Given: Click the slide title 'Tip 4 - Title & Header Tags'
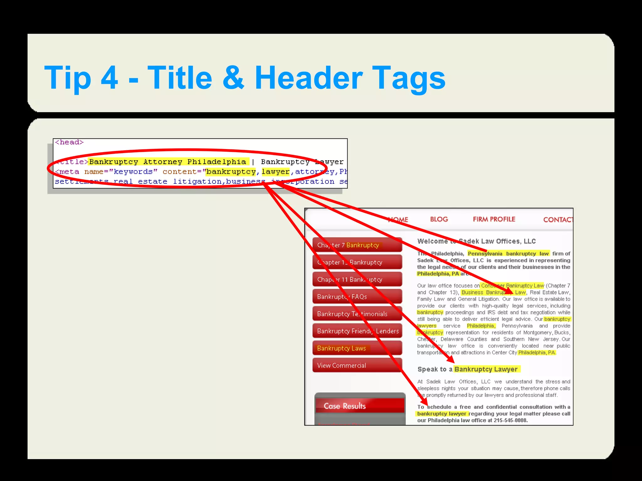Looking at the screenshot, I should coord(245,78).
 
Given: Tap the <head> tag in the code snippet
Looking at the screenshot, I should coord(69,142).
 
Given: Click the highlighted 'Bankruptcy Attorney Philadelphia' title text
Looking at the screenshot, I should coord(168,162).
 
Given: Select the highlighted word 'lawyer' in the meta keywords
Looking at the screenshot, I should coord(276,172).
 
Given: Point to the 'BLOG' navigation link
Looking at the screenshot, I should coord(439,219).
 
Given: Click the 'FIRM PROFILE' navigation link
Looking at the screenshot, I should coord(494,219).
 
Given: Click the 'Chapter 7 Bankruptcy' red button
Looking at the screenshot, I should coord(357,245).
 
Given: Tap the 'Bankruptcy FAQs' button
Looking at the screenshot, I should coord(357,297).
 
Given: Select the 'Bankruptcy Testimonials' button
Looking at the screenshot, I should coord(357,314).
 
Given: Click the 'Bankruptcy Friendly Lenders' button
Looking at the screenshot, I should coord(357,331).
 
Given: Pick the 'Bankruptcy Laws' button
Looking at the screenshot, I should coord(357,348).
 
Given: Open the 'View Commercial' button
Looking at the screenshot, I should coord(357,365).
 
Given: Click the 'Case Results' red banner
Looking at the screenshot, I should coord(359,406).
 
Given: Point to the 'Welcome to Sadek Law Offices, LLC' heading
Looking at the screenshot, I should coord(476,241).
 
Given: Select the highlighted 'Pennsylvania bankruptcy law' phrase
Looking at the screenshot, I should coord(508,254).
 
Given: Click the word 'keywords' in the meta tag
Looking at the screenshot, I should coord(133,172).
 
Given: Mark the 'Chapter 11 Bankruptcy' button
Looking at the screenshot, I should coord(357,279).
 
